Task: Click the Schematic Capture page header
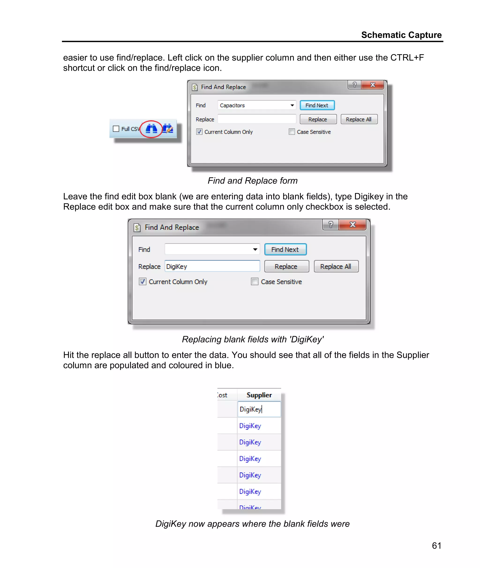point(401,35)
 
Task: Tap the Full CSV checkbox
point(116,129)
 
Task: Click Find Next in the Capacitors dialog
point(317,105)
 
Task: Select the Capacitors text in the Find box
point(232,105)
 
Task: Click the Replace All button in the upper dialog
point(359,119)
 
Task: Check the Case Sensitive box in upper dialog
point(292,132)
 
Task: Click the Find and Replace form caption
point(252,181)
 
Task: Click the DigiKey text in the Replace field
point(176,267)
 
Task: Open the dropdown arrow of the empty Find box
point(255,250)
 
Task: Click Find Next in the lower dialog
point(285,250)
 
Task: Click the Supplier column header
point(259,395)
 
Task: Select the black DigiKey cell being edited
point(259,409)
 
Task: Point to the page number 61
point(436,546)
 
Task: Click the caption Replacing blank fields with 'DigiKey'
point(252,339)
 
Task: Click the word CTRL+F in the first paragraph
point(407,58)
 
